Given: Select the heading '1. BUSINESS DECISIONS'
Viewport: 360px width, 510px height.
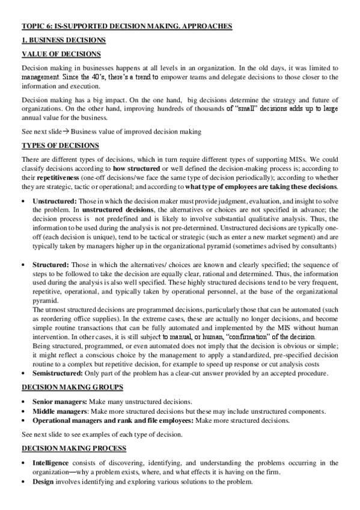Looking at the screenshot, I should click(64, 40).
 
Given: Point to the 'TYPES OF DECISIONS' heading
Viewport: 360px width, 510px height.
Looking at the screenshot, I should click(57, 146).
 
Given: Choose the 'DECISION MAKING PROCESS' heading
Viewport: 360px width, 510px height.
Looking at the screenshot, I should click(74, 448).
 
